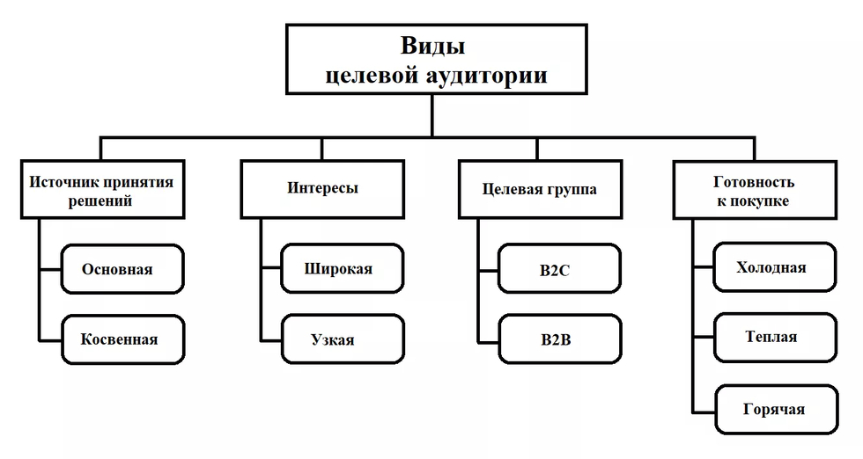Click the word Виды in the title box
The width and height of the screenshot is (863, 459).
[x=432, y=47]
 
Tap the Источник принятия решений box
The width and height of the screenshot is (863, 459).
[x=102, y=190]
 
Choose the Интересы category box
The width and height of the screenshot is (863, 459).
[x=322, y=190]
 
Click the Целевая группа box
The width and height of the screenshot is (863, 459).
[x=541, y=190]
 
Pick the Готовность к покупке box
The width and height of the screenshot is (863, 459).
[x=756, y=190]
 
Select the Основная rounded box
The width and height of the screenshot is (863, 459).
[x=122, y=269]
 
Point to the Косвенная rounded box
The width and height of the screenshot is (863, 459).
[x=122, y=339]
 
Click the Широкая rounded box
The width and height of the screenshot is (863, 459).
[x=343, y=268]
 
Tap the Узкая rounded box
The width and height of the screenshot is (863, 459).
[x=343, y=339]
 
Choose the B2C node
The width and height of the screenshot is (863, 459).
[x=560, y=269]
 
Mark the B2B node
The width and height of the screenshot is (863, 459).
[x=560, y=339]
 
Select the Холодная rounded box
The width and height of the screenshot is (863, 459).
[x=775, y=267]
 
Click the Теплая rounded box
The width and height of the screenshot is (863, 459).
[x=776, y=338]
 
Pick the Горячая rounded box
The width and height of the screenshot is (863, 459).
[x=777, y=410]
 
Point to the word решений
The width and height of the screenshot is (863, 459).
[x=100, y=201]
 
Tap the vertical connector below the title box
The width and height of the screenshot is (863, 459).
[x=432, y=115]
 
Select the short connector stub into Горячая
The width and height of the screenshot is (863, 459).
[x=704, y=412]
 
